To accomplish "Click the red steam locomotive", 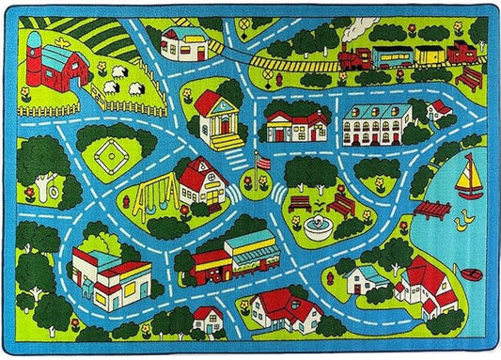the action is click(353, 59).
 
